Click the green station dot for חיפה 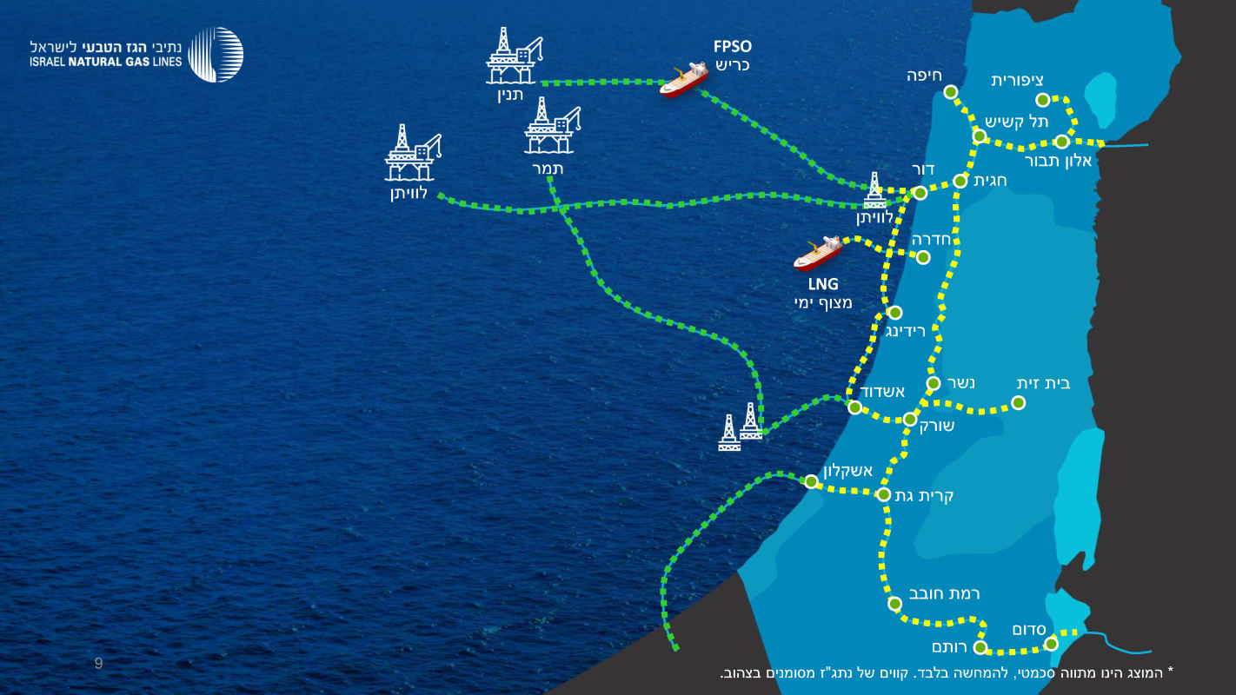pos(951,92)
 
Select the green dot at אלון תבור pos(1061,142)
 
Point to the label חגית pos(991,181)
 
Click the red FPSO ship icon pos(683,79)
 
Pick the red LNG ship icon pos(818,254)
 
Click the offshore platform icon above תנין pos(513,56)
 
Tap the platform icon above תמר pos(552,126)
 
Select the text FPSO pos(732,47)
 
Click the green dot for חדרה pos(923,257)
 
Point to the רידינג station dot pos(894,313)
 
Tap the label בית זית pos(1043,383)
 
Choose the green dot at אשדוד pos(855,407)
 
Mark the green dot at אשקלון pos(811,481)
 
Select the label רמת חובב pos(944,594)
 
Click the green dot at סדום pos(1051,644)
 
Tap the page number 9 pos(99,665)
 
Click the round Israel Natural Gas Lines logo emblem pos(216,54)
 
